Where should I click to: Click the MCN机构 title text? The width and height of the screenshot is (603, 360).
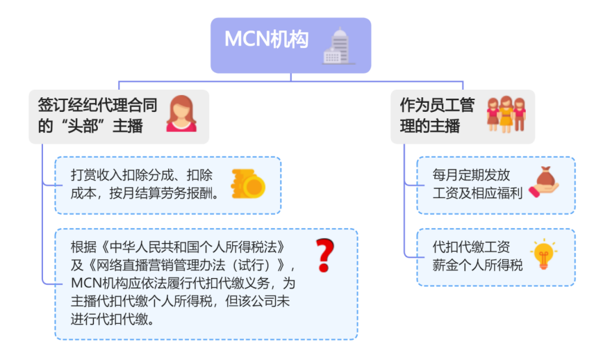point(266,40)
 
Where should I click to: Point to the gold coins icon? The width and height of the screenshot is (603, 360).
point(247,184)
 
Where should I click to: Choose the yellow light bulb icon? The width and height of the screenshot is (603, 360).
point(543,255)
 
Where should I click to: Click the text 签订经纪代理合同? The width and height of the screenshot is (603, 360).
point(97,105)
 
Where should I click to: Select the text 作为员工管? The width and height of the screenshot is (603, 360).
point(437,105)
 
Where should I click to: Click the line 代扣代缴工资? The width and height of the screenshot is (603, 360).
point(471,247)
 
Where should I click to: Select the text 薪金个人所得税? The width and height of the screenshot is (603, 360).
point(477,265)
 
